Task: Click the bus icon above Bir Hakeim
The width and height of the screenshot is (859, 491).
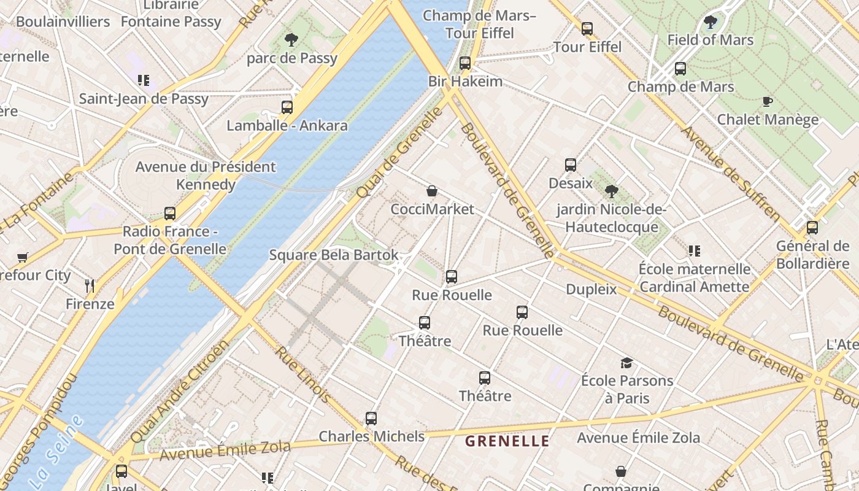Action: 464,63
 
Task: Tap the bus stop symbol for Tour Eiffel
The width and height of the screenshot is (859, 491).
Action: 587,28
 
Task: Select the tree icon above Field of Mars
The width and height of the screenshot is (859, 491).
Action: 711,23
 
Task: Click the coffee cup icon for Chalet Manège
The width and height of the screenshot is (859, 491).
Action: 767,101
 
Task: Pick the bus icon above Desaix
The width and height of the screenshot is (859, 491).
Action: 571,165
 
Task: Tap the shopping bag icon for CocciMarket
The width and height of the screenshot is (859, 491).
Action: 432,191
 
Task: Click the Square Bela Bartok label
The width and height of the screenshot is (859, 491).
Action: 334,255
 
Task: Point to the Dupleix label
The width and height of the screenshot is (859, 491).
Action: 591,289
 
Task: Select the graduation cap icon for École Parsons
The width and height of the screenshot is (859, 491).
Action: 626,363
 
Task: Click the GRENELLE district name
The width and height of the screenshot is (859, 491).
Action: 507,441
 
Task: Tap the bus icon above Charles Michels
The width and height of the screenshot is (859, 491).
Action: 371,419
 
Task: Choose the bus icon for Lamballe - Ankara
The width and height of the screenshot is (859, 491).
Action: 287,107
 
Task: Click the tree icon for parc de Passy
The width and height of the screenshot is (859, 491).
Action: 291,41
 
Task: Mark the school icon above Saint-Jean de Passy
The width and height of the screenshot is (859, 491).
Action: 144,80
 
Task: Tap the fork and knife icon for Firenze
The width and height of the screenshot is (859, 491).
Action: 90,286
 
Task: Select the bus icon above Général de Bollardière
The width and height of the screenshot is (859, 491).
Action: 812,228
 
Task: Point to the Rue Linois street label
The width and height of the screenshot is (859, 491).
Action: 302,374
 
